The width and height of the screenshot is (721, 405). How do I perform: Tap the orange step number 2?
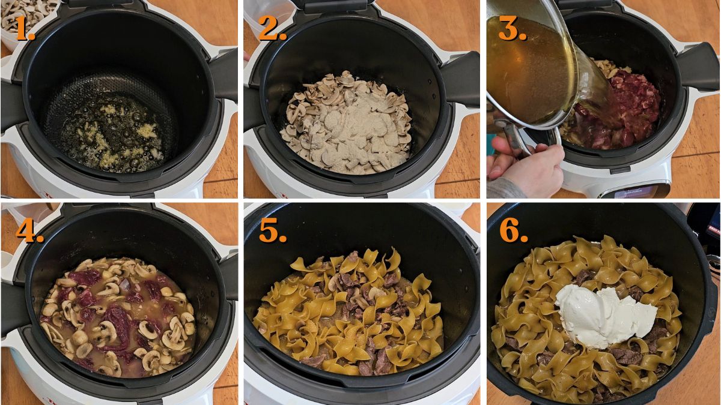(x=272, y=28)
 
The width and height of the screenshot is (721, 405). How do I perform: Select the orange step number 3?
(x=513, y=28)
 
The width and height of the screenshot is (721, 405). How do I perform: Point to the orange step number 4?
(x=28, y=230)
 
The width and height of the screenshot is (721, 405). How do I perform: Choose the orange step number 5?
(x=272, y=230)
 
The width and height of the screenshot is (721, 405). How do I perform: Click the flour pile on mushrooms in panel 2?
(x=348, y=129)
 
